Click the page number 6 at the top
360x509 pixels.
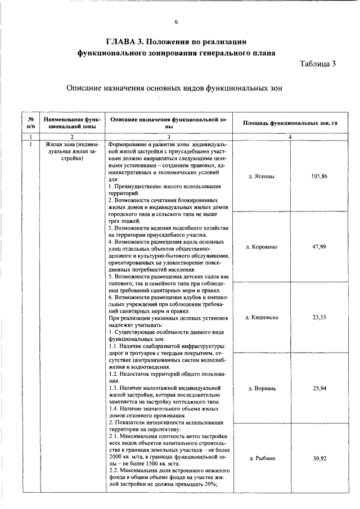pyautogui.click(x=176, y=22)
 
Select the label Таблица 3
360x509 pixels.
pyautogui.click(x=317, y=64)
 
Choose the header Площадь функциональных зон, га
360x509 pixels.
pyautogui.click(x=290, y=123)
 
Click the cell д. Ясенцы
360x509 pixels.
pyautogui.click(x=261, y=177)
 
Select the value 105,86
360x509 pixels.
pyautogui.click(x=319, y=177)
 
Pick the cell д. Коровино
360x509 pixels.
pyautogui.click(x=261, y=247)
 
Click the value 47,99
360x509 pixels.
pyautogui.click(x=319, y=247)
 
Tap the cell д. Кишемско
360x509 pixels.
pyautogui.click(x=261, y=317)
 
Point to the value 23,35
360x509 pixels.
pyautogui.click(x=319, y=317)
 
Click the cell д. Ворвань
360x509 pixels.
pyautogui.click(x=261, y=388)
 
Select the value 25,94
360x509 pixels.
pyautogui.click(x=319, y=388)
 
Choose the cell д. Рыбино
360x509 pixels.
pyautogui.click(x=261, y=458)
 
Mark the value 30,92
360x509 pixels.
pyautogui.click(x=319, y=458)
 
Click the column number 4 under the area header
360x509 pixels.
pyautogui.click(x=290, y=136)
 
